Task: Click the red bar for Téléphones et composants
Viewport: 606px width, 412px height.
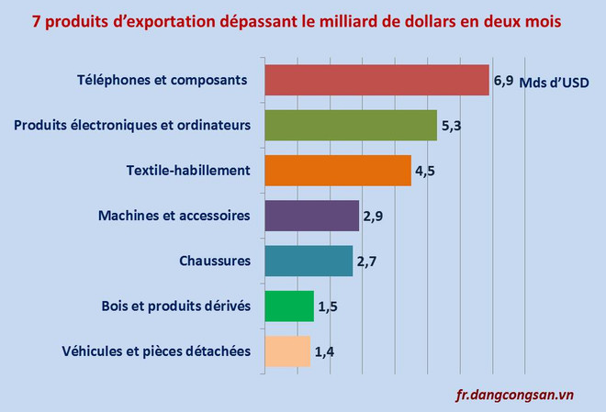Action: pos(376,81)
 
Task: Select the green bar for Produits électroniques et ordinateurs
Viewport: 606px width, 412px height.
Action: pos(351,126)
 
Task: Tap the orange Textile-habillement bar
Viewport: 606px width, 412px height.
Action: pos(337,171)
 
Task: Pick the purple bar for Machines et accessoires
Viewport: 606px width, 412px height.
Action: pos(311,216)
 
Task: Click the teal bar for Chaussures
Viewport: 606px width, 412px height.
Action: pos(309,261)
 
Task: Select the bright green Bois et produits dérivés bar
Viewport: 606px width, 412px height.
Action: pos(289,306)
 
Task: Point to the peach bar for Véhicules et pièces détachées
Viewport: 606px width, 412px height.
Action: pos(287,351)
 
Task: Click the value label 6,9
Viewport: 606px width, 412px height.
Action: pos(503,81)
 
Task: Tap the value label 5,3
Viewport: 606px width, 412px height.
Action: pos(451,126)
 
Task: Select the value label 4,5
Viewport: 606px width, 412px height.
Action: pos(424,171)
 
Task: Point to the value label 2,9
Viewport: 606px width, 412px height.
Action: pos(372,217)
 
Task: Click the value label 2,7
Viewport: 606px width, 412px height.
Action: pos(366,262)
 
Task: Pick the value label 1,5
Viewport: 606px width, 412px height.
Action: pos(328,306)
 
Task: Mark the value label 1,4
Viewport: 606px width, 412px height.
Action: pos(324,351)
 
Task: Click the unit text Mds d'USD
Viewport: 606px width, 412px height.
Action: pos(554,83)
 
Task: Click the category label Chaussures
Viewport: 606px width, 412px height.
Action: pos(215,262)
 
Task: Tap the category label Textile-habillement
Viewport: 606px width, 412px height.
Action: pos(188,171)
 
